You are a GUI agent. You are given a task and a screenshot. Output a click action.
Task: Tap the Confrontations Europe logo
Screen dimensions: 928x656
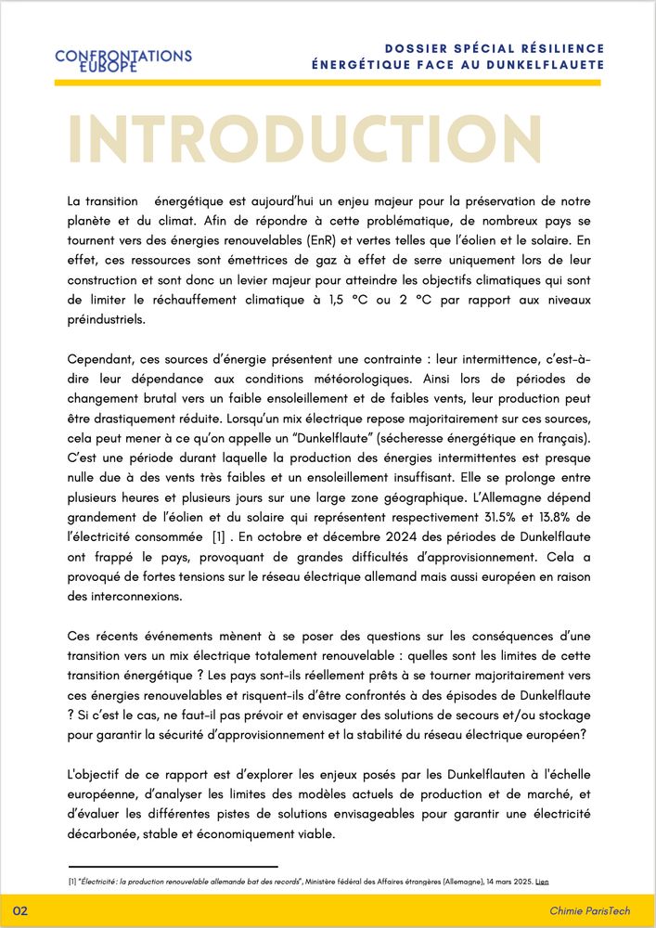(123, 60)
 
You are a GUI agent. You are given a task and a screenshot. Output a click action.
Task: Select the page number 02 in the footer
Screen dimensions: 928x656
(20, 911)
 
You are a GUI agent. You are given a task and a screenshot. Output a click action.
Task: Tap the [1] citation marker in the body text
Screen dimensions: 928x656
(219, 537)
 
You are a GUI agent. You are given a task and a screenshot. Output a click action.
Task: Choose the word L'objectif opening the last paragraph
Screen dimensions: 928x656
(98, 774)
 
